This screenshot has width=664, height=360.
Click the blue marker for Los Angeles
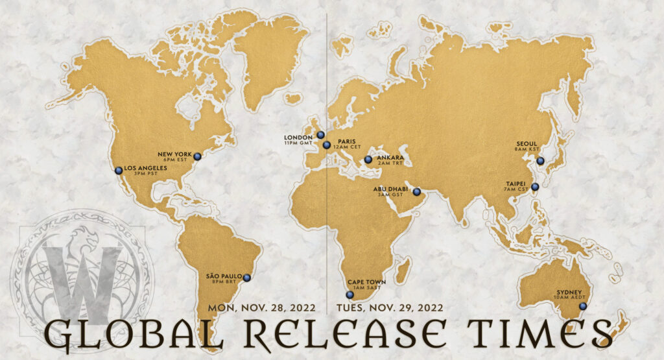[x=119, y=171]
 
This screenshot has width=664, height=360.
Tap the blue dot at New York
[x=198, y=156]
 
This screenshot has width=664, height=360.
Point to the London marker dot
[x=320, y=135]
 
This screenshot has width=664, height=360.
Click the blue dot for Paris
[x=327, y=145]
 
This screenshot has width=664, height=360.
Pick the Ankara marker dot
[x=368, y=159]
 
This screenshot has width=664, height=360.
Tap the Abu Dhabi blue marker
[x=417, y=191]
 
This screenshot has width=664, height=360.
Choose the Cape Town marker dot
[x=350, y=294]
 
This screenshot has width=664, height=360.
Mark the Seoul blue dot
[x=540, y=161]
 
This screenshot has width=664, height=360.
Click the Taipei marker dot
[x=535, y=187]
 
